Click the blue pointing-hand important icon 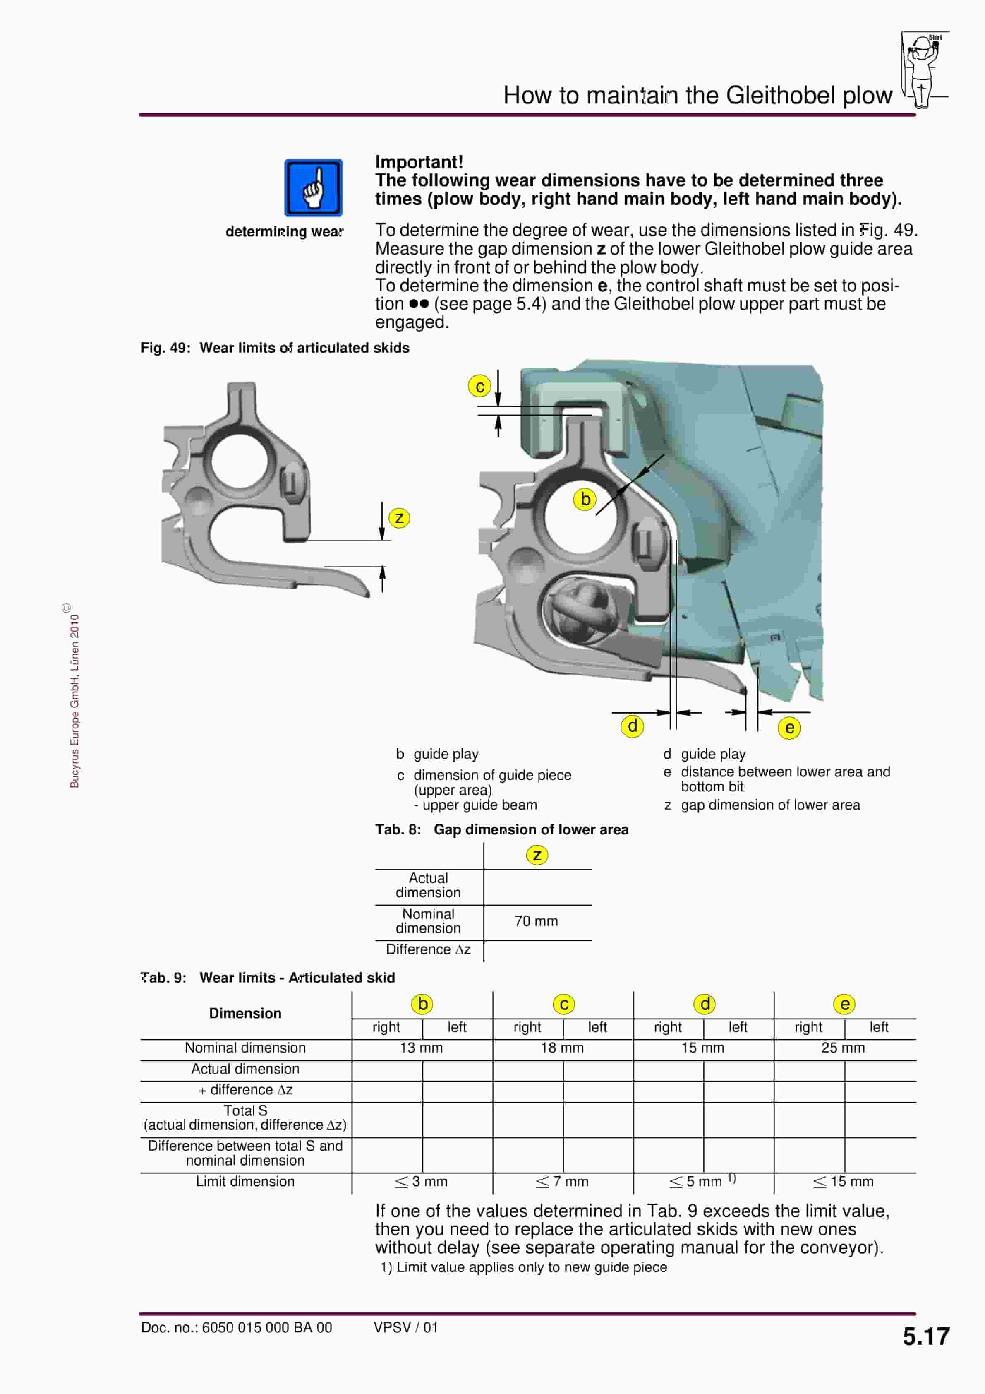pyautogui.click(x=313, y=187)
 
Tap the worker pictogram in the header pyautogui.click(x=923, y=70)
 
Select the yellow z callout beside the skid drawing pyautogui.click(x=399, y=518)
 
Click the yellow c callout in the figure pyautogui.click(x=479, y=386)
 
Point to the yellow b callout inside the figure pyautogui.click(x=585, y=499)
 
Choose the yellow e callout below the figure pyautogui.click(x=789, y=727)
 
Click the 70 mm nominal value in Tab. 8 pyautogui.click(x=536, y=921)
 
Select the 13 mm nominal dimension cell pyautogui.click(x=421, y=1048)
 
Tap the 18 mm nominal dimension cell pyautogui.click(x=562, y=1048)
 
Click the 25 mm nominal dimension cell pyautogui.click(x=843, y=1048)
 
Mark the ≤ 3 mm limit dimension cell pyautogui.click(x=421, y=1182)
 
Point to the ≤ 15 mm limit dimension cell pyautogui.click(x=843, y=1182)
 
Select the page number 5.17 pyautogui.click(x=925, y=1336)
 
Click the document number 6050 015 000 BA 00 pyautogui.click(x=237, y=1327)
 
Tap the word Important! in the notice pyautogui.click(x=419, y=162)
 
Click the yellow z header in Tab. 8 pyautogui.click(x=537, y=855)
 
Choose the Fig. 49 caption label pyautogui.click(x=274, y=348)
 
